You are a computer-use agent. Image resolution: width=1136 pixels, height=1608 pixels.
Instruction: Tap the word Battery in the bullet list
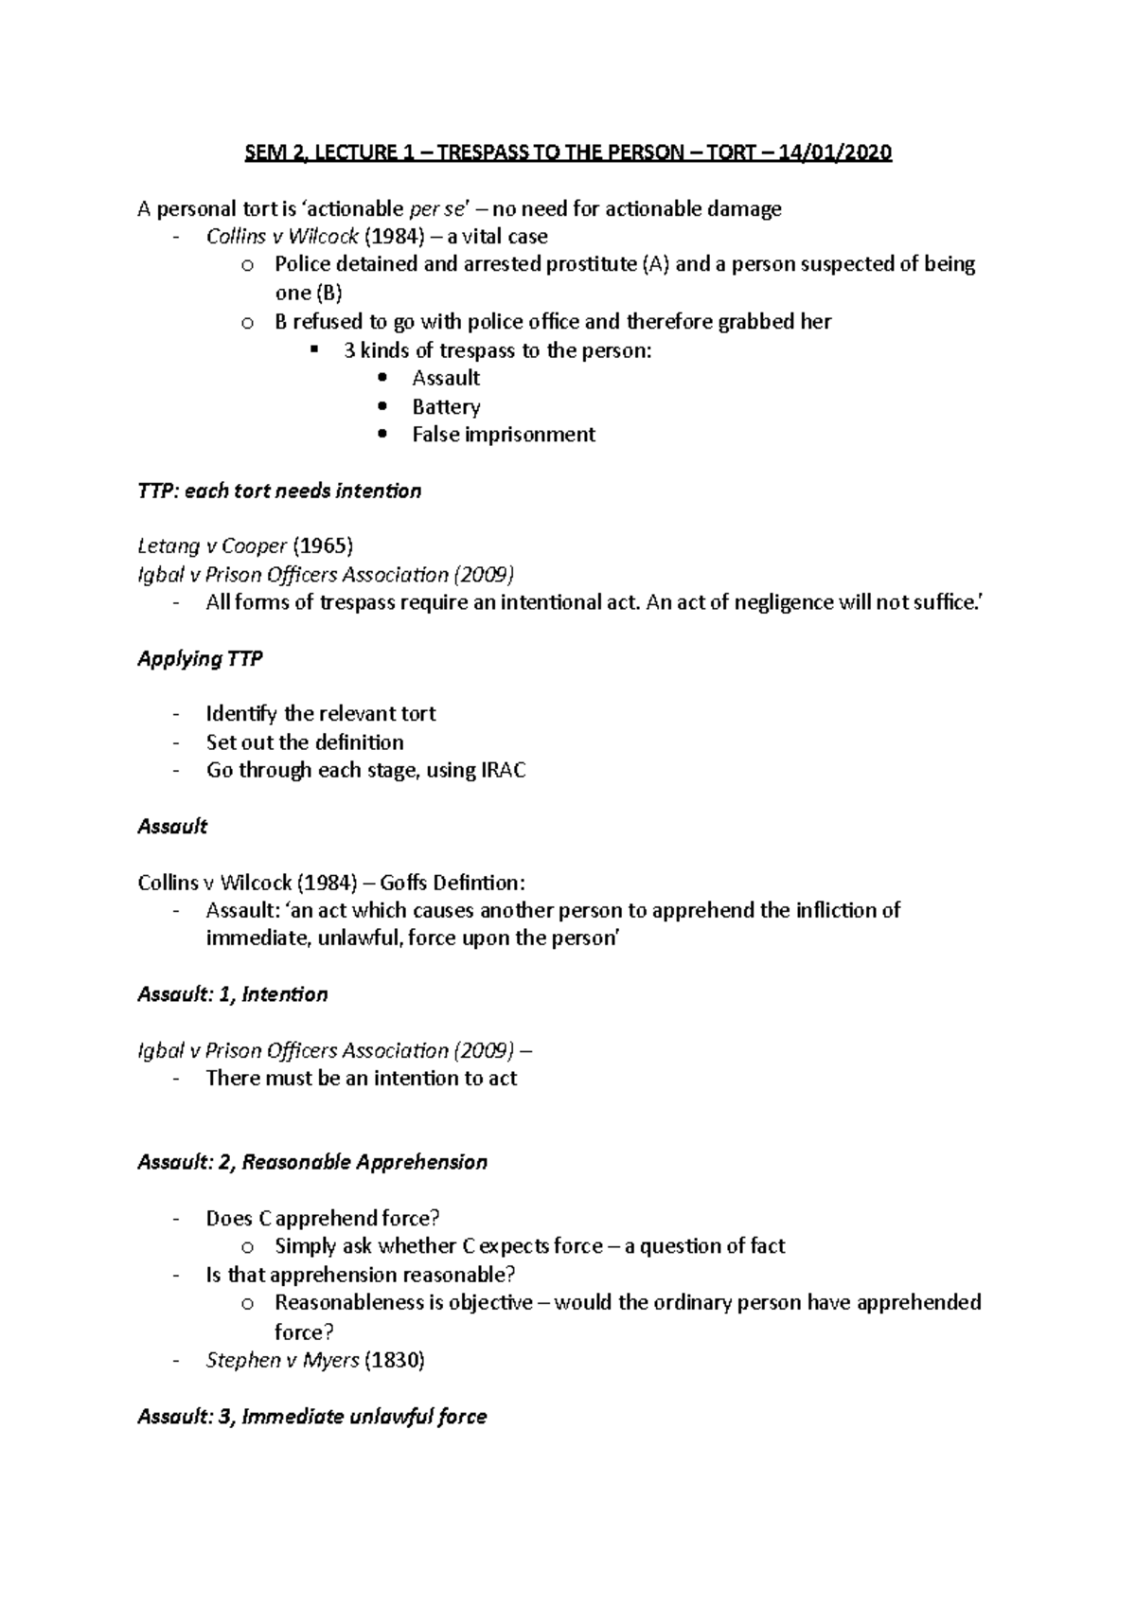click(446, 407)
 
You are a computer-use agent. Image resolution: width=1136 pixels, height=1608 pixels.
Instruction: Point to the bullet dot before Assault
click(382, 379)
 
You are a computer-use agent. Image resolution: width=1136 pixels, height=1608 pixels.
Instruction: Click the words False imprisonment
click(504, 435)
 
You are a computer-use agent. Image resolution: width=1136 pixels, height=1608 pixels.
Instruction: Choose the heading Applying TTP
click(200, 659)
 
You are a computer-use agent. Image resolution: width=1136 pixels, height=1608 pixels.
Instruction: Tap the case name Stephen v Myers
click(282, 1361)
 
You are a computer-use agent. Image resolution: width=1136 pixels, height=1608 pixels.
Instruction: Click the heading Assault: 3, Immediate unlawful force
click(312, 1418)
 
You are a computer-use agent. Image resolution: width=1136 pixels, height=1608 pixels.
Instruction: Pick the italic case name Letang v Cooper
click(212, 546)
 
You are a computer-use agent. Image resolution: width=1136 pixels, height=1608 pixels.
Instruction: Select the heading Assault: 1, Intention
click(233, 994)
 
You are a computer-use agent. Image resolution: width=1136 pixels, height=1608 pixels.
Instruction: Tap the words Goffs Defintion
click(452, 884)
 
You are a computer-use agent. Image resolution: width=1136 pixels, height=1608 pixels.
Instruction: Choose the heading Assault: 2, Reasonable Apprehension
click(312, 1163)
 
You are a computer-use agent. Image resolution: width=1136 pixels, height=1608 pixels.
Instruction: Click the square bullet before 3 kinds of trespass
click(315, 350)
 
